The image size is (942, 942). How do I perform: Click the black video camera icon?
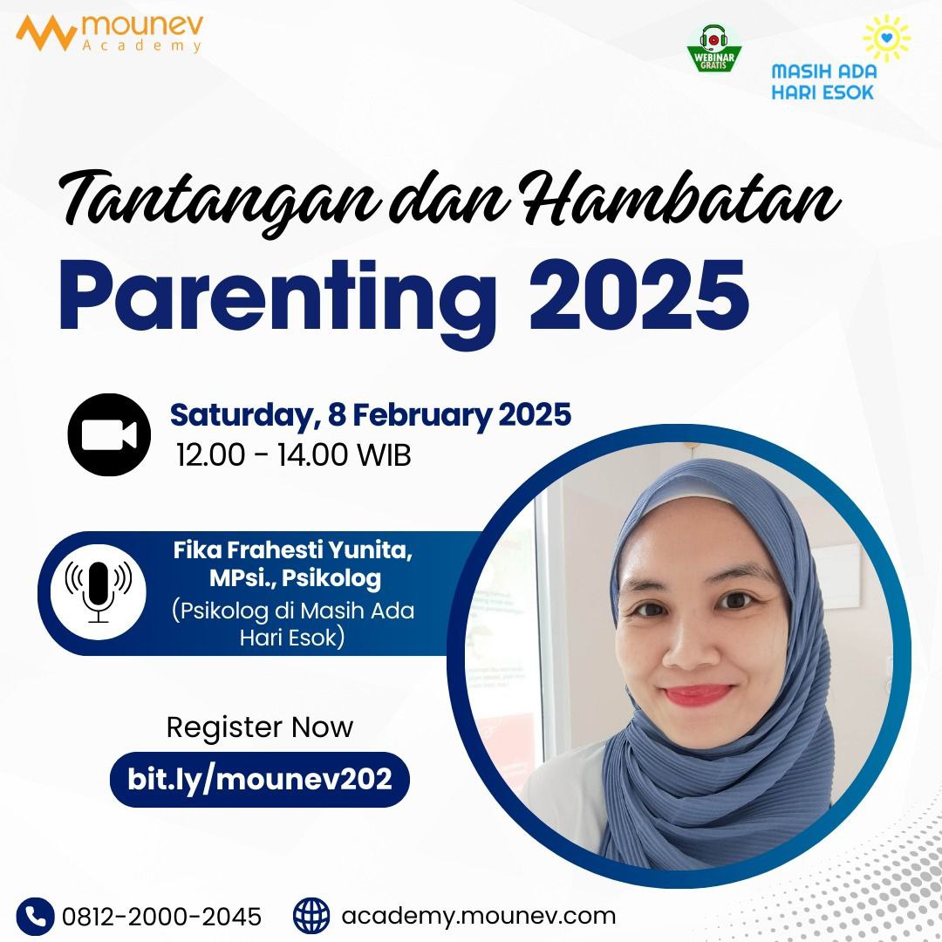click(x=110, y=434)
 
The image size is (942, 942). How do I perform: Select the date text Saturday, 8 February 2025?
click(x=370, y=414)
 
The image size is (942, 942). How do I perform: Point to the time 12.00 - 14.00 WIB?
click(x=293, y=454)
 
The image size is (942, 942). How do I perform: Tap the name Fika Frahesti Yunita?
click(x=292, y=552)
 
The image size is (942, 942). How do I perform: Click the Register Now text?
click(x=260, y=727)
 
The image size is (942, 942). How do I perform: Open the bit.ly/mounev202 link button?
click(x=259, y=778)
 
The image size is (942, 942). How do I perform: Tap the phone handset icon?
click(x=36, y=916)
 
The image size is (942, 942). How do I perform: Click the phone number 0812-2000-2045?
click(x=161, y=917)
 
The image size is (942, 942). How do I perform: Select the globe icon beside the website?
click(x=311, y=916)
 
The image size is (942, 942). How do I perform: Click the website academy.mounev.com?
click(x=479, y=917)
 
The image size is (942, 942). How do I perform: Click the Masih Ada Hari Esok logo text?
click(x=823, y=81)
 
